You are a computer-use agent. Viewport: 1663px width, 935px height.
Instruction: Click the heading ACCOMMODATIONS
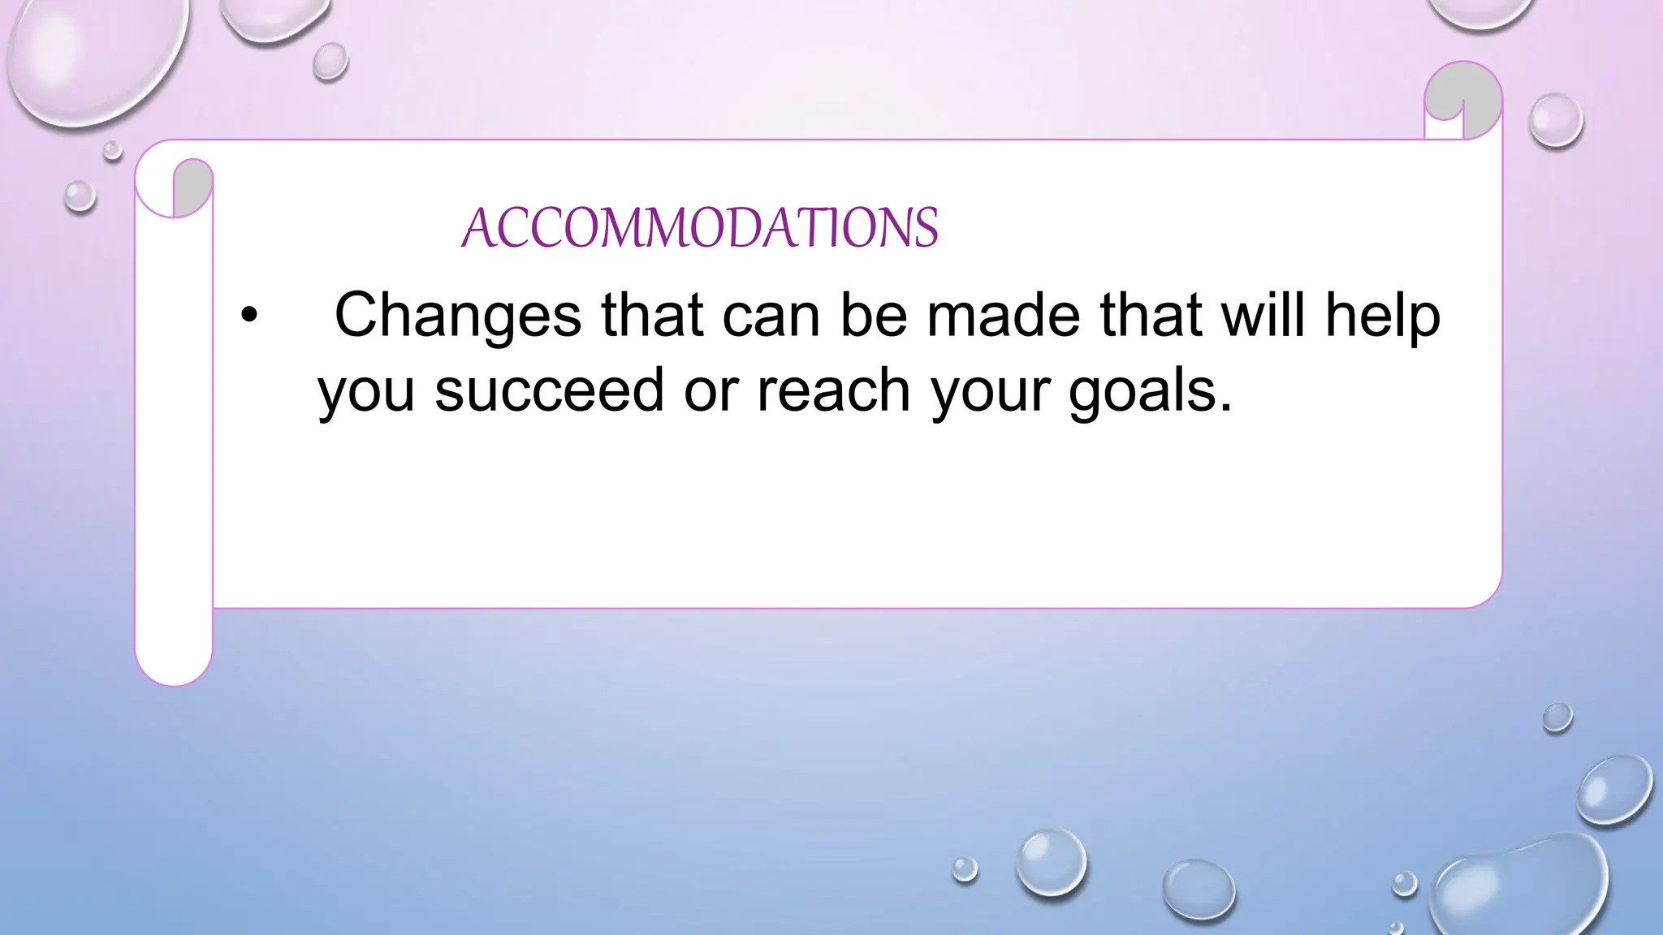click(x=699, y=227)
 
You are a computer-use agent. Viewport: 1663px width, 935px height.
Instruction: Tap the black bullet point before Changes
click(x=248, y=317)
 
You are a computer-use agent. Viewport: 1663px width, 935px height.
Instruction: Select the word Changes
click(x=457, y=315)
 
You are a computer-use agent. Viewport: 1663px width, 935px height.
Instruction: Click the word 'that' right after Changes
click(x=651, y=315)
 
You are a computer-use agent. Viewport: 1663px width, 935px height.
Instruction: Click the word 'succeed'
click(x=550, y=390)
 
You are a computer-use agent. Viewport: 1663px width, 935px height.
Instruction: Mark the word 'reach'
click(x=834, y=390)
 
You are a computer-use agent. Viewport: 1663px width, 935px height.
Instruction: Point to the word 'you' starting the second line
click(x=366, y=390)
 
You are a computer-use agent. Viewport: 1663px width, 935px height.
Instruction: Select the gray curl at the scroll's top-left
click(x=193, y=185)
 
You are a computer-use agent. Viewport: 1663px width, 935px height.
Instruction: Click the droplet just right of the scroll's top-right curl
click(x=1555, y=120)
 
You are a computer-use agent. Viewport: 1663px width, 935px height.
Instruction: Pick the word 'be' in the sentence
click(x=873, y=315)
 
